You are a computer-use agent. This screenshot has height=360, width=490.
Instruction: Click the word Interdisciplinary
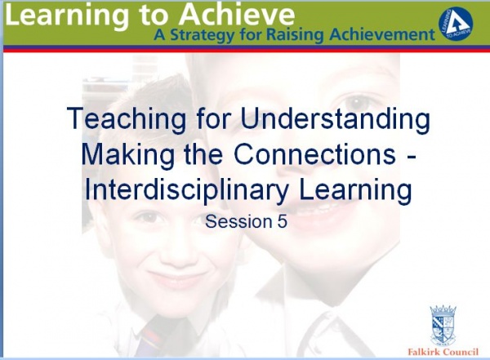coord(186,189)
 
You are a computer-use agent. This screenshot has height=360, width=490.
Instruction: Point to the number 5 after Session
coord(282,221)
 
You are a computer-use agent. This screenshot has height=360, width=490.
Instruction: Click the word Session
coord(239,221)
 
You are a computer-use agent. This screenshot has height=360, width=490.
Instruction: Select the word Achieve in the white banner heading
coord(237,15)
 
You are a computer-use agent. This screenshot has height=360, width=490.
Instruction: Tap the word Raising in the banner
coord(295,35)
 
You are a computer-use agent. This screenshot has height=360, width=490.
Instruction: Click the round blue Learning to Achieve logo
coord(456,25)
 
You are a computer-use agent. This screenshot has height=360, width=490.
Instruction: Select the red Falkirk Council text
coord(443,352)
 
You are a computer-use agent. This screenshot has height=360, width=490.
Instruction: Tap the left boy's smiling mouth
coord(176,278)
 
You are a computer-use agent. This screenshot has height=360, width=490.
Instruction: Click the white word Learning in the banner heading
coord(67,16)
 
